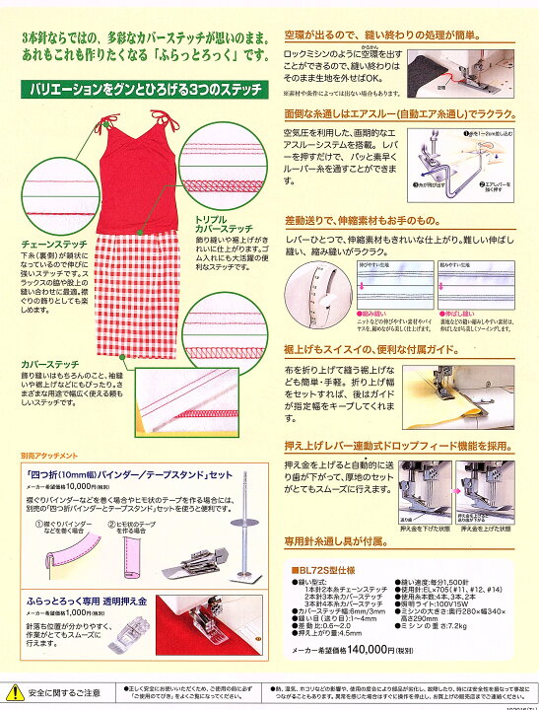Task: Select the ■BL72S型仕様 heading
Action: (325, 570)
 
